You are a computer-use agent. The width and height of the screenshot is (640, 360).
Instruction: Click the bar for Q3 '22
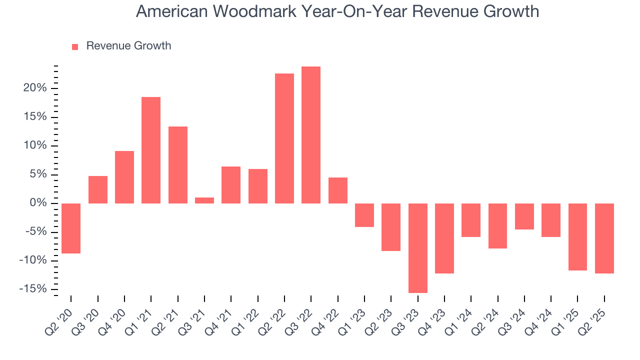[x=311, y=135]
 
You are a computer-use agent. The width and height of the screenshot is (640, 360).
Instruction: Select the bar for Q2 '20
[x=71, y=228]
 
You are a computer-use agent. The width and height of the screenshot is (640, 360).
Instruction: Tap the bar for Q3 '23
[x=418, y=248]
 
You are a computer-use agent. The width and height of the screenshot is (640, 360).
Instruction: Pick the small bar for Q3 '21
[x=204, y=200]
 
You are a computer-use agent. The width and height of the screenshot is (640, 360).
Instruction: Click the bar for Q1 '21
[x=151, y=150]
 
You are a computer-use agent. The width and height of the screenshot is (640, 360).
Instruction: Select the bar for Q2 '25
[x=604, y=238]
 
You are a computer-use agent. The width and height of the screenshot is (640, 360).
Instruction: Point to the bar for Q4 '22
[x=338, y=190]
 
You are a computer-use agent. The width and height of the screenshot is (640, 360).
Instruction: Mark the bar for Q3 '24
[x=524, y=216]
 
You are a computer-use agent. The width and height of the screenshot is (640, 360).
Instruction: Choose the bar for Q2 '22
[x=284, y=138]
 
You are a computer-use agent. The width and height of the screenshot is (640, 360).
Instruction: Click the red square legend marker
[x=75, y=47]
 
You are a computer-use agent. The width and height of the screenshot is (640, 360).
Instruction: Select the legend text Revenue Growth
[x=128, y=46]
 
